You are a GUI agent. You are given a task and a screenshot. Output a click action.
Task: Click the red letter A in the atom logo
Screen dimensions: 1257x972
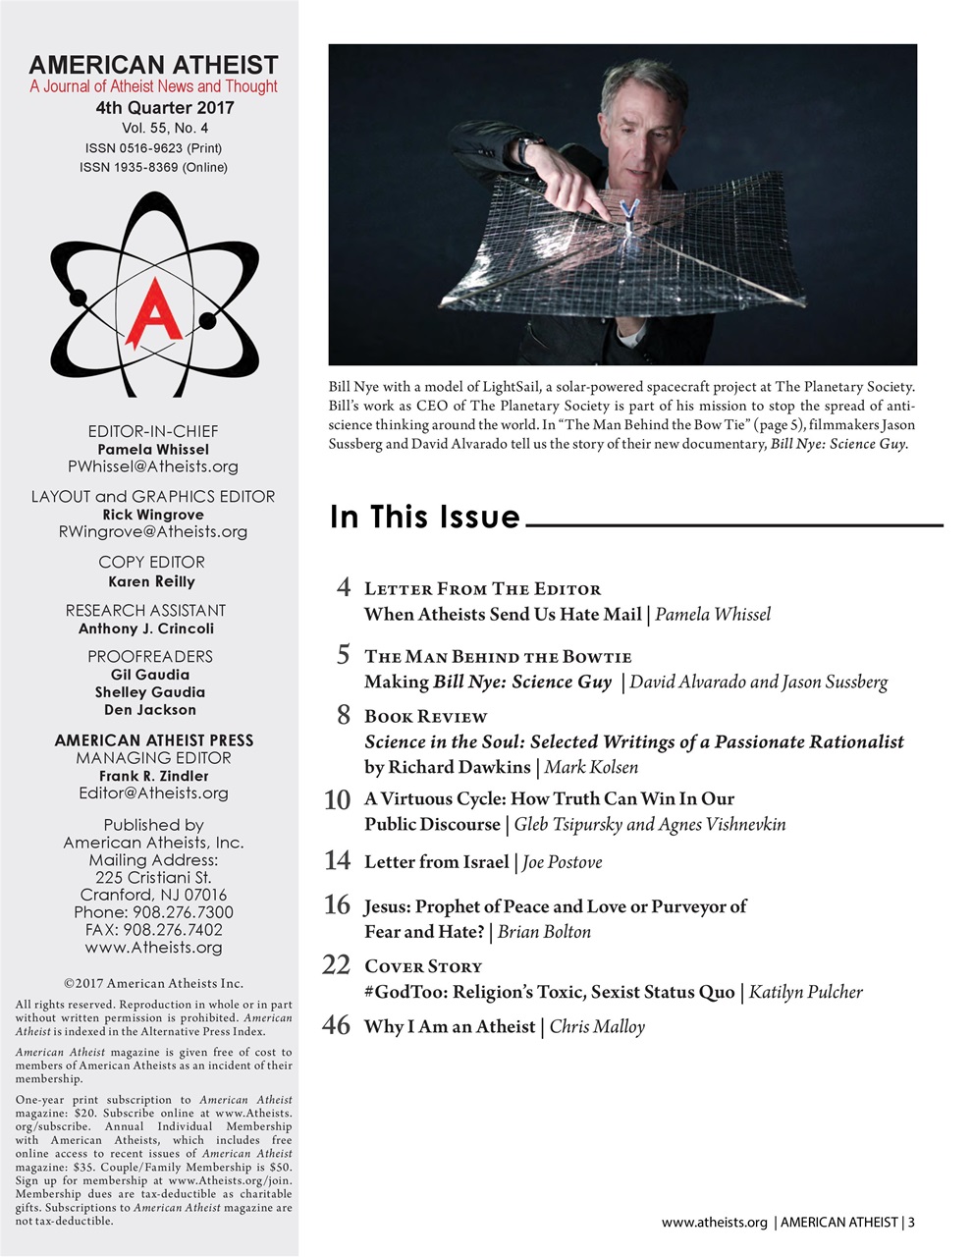tap(152, 304)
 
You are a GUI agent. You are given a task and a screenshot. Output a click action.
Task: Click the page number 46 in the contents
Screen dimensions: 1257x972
tap(336, 1026)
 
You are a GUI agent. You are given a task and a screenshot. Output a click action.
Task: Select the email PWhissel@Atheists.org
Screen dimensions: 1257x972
tap(153, 466)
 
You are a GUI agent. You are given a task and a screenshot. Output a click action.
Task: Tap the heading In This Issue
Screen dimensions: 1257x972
tap(424, 517)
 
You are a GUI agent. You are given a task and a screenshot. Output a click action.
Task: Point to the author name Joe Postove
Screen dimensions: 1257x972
tap(563, 862)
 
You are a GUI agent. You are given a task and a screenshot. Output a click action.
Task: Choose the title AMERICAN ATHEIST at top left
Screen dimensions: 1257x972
tap(153, 65)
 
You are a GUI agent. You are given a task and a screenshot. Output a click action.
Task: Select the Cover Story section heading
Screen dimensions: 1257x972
tap(423, 966)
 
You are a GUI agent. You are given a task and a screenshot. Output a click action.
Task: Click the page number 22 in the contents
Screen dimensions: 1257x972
tap(336, 966)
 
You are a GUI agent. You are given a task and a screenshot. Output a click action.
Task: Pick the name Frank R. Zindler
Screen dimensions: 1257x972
tap(154, 776)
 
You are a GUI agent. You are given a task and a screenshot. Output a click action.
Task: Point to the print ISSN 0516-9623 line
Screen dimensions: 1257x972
tap(153, 148)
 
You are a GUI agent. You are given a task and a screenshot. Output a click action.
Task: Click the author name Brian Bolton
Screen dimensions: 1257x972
tap(544, 932)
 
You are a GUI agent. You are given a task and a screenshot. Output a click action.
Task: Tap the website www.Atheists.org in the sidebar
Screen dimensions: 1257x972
tap(153, 948)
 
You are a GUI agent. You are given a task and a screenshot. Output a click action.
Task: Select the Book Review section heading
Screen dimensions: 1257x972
tap(425, 717)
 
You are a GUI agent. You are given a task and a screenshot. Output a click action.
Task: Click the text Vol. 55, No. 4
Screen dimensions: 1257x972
tap(165, 128)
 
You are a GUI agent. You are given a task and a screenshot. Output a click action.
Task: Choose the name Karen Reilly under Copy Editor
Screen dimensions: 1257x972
tap(151, 581)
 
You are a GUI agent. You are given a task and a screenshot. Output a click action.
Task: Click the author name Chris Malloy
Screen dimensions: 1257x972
tap(597, 1027)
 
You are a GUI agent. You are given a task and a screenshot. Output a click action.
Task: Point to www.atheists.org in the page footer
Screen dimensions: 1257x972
tap(714, 1223)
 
